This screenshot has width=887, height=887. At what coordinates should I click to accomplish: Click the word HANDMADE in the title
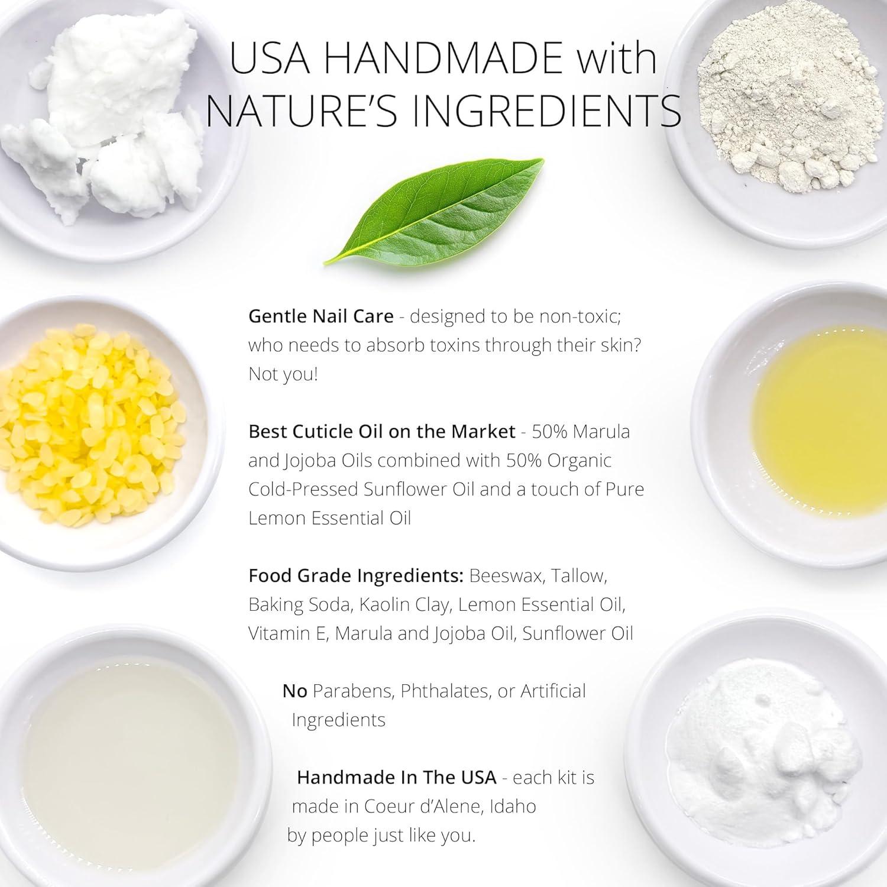pyautogui.click(x=443, y=58)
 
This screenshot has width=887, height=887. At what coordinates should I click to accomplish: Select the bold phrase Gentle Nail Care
pyautogui.click(x=321, y=316)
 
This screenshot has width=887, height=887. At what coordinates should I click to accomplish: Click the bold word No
pyautogui.click(x=294, y=691)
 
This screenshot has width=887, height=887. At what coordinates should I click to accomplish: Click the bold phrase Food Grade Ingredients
pyautogui.click(x=356, y=575)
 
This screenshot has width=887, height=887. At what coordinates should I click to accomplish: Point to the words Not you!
pyautogui.click(x=283, y=374)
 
